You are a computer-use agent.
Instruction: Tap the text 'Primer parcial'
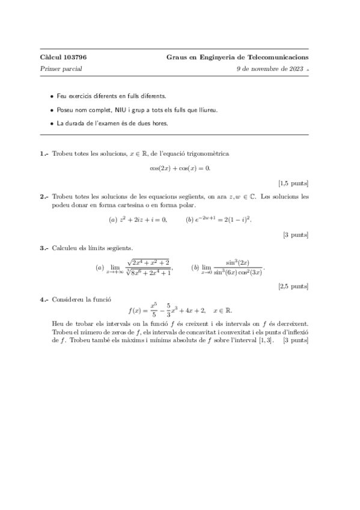(61, 69)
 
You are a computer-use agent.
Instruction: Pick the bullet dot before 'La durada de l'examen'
(52, 123)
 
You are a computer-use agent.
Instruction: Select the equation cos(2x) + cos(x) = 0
(180, 168)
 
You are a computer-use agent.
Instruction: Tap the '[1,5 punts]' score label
(293, 182)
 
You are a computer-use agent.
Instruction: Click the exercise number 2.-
(44, 197)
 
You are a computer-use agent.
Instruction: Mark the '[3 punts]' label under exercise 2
(296, 234)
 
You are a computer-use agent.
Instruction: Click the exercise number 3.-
(44, 248)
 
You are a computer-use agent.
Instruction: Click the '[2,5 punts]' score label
(293, 287)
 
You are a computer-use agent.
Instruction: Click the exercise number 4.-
(44, 299)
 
